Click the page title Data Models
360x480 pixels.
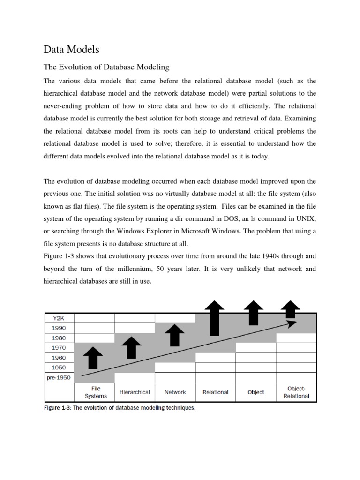coord(71,49)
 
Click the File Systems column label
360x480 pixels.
coord(96,392)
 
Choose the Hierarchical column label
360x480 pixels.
coord(135,392)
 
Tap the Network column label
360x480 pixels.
coord(175,392)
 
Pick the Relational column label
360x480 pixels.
coord(216,392)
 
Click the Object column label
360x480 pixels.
coord(256,392)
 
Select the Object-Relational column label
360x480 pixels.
coord(296,392)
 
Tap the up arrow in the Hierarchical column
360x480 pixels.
coord(131,348)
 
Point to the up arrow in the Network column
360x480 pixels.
coord(175,336)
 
